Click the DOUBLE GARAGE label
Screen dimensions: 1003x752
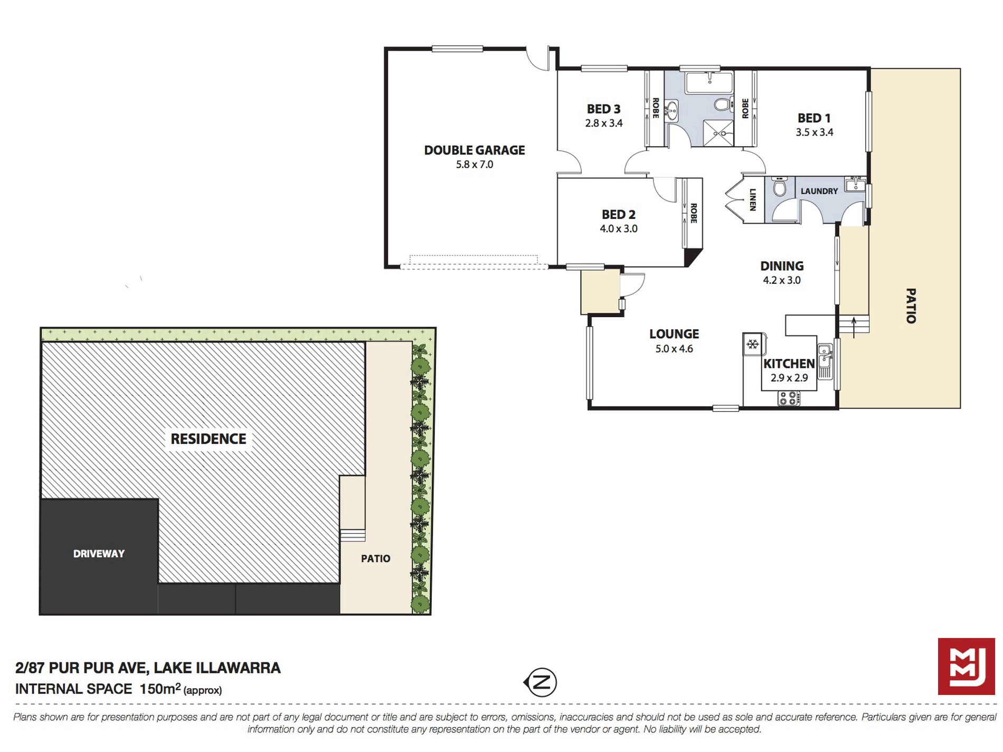coord(475,150)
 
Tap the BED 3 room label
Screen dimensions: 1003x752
coord(603,109)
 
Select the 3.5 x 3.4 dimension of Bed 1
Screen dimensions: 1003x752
coord(815,132)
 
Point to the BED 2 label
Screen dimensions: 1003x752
coord(618,215)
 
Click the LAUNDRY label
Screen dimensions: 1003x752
coord(819,191)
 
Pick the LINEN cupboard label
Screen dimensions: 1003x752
coord(753,199)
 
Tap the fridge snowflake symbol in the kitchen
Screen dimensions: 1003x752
coord(752,345)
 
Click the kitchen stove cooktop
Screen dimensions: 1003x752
coord(789,398)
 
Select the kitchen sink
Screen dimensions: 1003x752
coord(825,361)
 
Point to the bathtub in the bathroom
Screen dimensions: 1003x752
coord(709,82)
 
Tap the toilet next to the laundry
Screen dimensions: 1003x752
coord(779,186)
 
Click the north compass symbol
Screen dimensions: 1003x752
coord(541,682)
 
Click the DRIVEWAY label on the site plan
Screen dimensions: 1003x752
coord(99,554)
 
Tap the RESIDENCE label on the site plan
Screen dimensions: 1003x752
coord(209,439)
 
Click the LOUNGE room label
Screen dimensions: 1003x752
coord(674,334)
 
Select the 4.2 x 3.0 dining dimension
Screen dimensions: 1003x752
coord(782,280)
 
